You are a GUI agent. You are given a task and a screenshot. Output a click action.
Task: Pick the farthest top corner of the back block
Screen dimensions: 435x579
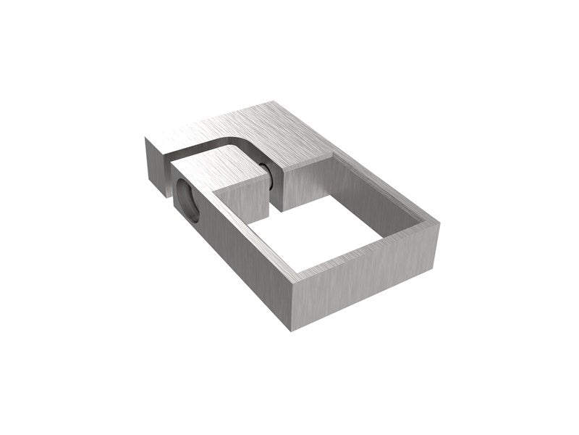[x=276, y=101]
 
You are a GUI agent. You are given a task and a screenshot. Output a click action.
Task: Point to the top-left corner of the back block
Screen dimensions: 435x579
[x=147, y=138]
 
